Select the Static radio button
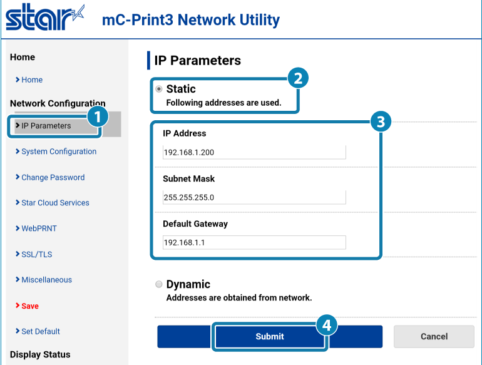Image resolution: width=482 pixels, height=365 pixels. click(x=158, y=89)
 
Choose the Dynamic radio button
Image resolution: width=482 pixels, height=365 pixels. click(x=158, y=284)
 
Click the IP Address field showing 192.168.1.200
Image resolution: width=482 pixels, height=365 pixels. click(x=254, y=152)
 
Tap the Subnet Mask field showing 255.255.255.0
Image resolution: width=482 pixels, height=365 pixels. click(x=254, y=197)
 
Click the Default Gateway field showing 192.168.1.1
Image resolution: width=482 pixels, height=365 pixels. click(x=254, y=242)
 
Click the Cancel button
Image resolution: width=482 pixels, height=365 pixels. click(x=434, y=336)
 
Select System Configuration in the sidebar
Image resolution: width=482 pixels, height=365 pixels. click(x=59, y=152)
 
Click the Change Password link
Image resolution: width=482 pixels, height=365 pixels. click(x=53, y=177)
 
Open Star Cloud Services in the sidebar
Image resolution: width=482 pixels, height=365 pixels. click(x=55, y=203)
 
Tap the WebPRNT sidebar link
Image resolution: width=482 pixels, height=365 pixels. click(x=39, y=229)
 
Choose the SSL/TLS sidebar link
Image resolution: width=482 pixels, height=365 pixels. click(x=38, y=254)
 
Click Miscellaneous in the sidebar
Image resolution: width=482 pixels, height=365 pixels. click(x=46, y=280)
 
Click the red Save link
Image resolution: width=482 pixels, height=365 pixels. click(x=29, y=306)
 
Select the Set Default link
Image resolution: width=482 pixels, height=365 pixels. click(x=41, y=331)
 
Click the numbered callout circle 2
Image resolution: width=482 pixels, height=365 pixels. click(x=297, y=78)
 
